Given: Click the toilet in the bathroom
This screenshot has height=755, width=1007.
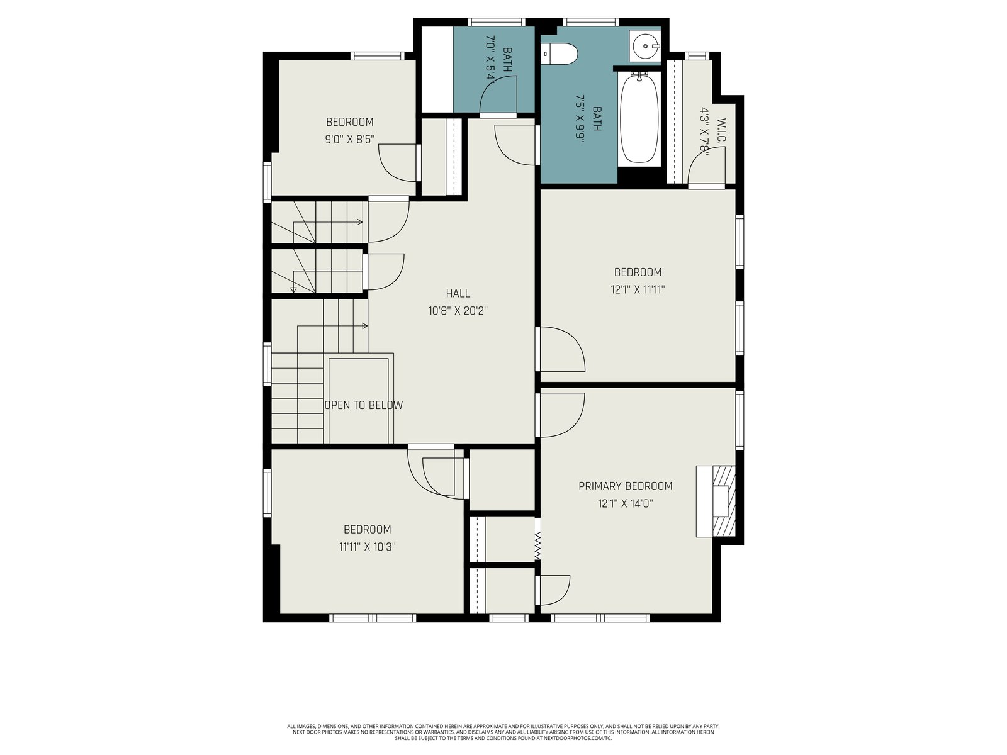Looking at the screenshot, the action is [560, 53].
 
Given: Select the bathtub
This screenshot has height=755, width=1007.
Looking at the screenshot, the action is [639, 118].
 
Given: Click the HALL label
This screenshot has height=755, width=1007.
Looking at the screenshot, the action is [458, 293].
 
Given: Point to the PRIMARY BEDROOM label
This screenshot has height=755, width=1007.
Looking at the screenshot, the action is [626, 486].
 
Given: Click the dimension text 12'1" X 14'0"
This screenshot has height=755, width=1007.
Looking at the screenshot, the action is [626, 503].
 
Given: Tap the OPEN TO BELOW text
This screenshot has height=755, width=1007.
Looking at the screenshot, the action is [364, 405].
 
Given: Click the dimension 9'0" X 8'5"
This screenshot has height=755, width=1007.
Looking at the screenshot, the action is [350, 139].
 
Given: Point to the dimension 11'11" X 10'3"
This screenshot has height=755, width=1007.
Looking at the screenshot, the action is [368, 547].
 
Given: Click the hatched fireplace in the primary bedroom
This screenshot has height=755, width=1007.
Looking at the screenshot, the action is [716, 501].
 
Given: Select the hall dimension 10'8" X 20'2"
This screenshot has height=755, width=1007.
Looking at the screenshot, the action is [458, 311].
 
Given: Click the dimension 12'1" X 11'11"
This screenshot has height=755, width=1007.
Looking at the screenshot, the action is [638, 289].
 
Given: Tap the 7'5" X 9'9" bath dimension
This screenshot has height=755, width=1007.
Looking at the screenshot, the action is [580, 119].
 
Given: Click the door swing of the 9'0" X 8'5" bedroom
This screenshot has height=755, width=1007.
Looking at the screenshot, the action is [398, 163].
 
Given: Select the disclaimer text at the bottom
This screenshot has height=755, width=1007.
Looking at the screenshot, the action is [503, 732].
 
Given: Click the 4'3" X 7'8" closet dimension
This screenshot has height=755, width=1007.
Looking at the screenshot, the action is [705, 132].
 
